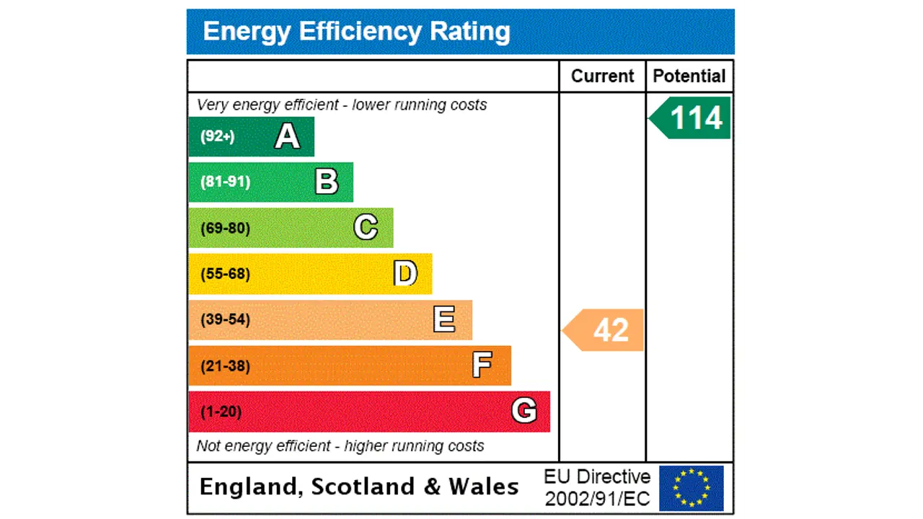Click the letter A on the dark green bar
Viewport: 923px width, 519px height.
click(287, 136)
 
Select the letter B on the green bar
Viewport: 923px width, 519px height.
click(327, 182)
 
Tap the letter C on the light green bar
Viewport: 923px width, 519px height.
click(366, 228)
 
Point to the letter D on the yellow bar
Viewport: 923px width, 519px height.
click(405, 274)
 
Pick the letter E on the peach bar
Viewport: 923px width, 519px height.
click(444, 319)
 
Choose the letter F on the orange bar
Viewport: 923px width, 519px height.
click(482, 365)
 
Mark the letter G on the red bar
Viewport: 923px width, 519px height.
click(524, 411)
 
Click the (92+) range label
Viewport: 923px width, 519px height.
click(217, 136)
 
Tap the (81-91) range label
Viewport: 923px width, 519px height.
click(225, 182)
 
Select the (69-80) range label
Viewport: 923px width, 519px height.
click(225, 229)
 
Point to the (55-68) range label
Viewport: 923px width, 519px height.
click(225, 274)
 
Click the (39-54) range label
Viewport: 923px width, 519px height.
click(225, 319)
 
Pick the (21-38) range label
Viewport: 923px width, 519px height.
click(225, 366)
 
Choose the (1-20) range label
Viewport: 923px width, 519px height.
click(221, 412)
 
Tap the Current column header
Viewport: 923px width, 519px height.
click(602, 76)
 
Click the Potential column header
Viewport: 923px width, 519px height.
click(689, 76)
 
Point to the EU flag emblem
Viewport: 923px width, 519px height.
click(691, 488)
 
